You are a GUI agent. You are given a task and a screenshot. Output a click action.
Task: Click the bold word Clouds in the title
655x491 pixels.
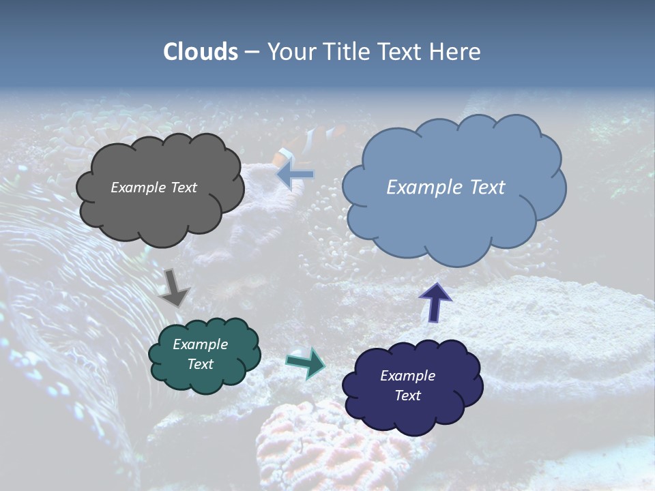tap(201, 52)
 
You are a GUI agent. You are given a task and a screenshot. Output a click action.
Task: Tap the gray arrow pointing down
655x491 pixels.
tap(175, 287)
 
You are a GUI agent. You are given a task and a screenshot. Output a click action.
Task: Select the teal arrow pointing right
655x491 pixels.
tap(305, 362)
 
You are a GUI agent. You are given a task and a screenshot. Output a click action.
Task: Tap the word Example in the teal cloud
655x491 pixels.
tap(200, 344)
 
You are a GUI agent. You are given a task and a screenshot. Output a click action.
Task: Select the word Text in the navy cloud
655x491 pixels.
tap(407, 396)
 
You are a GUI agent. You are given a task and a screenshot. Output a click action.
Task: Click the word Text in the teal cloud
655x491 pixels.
tap(200, 364)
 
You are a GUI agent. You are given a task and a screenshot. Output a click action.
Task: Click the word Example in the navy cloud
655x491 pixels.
tap(407, 376)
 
